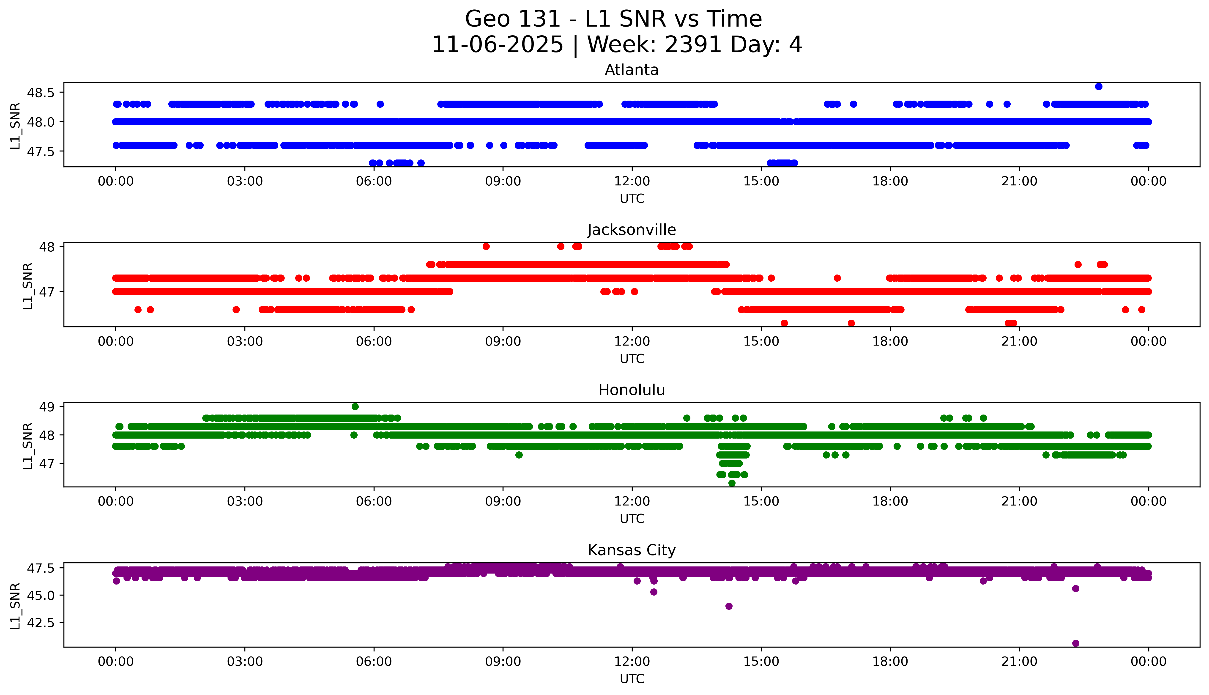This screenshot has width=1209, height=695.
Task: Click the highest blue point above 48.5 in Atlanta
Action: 1098,86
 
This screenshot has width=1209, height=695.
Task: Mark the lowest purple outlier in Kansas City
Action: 1075,643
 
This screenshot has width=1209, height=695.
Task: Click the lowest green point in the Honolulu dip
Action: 732,483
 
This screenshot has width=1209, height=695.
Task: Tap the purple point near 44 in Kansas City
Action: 729,606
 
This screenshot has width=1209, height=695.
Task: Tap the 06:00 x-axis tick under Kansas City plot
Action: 374,662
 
